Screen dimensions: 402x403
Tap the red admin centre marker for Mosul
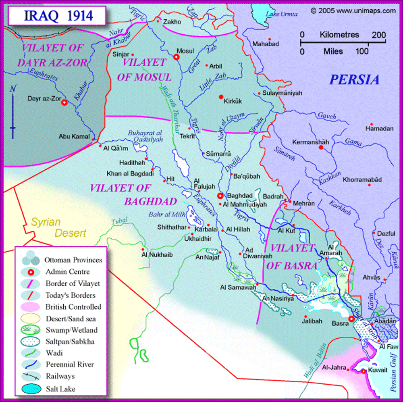click(x=176, y=57)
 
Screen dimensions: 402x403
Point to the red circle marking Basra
click(x=351, y=319)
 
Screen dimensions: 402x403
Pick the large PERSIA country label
click(x=354, y=80)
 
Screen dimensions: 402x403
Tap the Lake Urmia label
click(x=282, y=15)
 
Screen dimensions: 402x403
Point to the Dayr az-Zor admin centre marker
click(x=64, y=103)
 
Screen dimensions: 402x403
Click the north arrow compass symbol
click(x=13, y=111)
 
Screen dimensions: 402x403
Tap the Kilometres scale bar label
click(x=339, y=35)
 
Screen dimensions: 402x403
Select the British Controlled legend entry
click(x=73, y=306)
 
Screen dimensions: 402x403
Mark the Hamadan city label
click(x=379, y=129)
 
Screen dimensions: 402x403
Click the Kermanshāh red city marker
click(x=321, y=148)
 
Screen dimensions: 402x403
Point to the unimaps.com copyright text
click(x=353, y=11)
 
